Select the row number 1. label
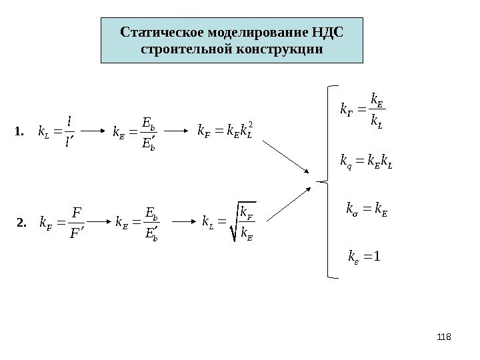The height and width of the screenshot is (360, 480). coord(19,131)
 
